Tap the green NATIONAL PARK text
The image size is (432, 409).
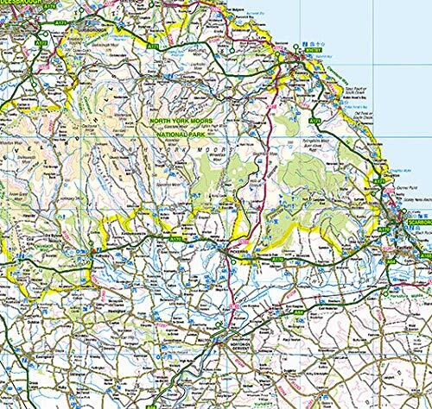pos(184,135)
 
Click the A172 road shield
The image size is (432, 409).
pos(40,41)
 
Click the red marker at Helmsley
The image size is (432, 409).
pos(92,251)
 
